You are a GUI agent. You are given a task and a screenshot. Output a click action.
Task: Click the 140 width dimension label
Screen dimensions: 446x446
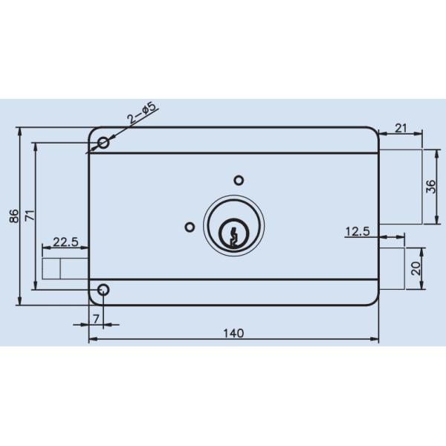[x=233, y=332]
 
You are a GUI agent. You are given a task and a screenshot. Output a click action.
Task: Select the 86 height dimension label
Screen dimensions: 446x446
[x=13, y=216]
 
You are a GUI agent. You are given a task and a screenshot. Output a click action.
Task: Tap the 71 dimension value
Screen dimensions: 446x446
[x=30, y=216]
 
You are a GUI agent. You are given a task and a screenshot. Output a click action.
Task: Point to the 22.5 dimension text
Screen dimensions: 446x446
[x=65, y=242]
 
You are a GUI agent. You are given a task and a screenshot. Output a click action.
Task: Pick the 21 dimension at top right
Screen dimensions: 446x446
[x=401, y=129]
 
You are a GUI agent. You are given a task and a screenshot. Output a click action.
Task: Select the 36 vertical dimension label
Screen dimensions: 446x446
[x=431, y=187]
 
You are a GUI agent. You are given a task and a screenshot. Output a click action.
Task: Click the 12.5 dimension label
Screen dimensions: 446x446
[x=358, y=231]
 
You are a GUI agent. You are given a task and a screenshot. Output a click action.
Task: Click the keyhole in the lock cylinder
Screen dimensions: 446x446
[x=233, y=234]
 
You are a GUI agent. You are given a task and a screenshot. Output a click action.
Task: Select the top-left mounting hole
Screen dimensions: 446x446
[x=103, y=142]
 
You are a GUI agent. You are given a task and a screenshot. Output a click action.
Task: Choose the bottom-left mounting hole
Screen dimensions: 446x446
[x=103, y=290]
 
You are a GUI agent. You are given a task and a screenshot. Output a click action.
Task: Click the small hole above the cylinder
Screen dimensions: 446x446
[x=239, y=180]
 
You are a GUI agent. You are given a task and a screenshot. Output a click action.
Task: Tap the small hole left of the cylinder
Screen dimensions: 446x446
[x=190, y=227]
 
